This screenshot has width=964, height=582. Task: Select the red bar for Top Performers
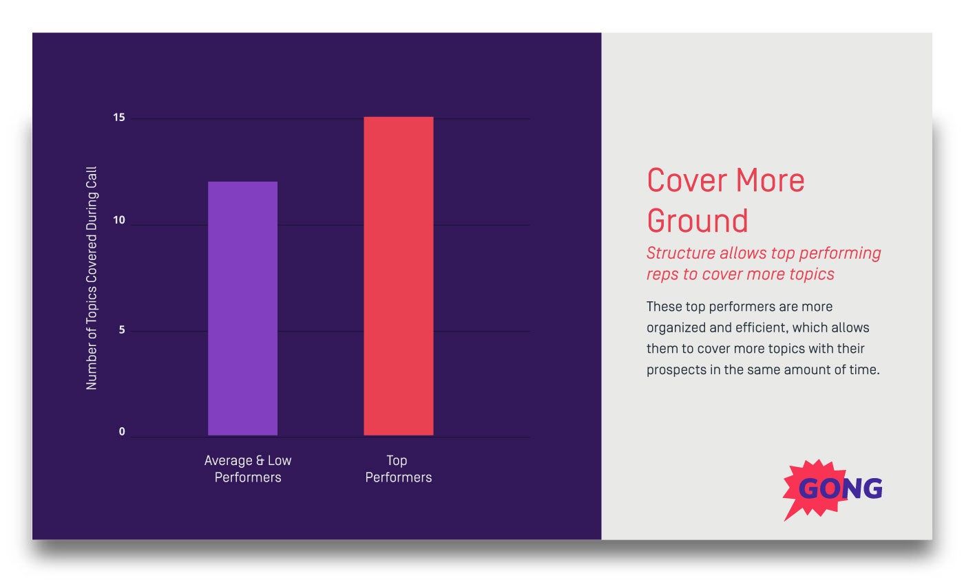[x=399, y=276]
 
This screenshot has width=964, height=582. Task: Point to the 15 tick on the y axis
[x=119, y=118]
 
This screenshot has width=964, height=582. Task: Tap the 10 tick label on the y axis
[x=119, y=220]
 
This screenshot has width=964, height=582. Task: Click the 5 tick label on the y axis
[x=121, y=330]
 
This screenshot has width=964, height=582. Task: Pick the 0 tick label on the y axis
[x=122, y=432]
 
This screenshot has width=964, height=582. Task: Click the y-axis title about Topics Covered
[x=92, y=278]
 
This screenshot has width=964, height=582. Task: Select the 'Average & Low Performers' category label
[x=248, y=468]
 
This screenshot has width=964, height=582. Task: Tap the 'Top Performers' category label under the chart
[x=398, y=468]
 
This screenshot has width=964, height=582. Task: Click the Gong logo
[x=834, y=489]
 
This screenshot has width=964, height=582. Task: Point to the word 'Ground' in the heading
[x=697, y=221]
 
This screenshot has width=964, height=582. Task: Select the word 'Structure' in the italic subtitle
[x=680, y=253]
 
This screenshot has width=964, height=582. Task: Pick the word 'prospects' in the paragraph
[x=675, y=369]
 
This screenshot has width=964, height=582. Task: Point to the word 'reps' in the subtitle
[x=661, y=274]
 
